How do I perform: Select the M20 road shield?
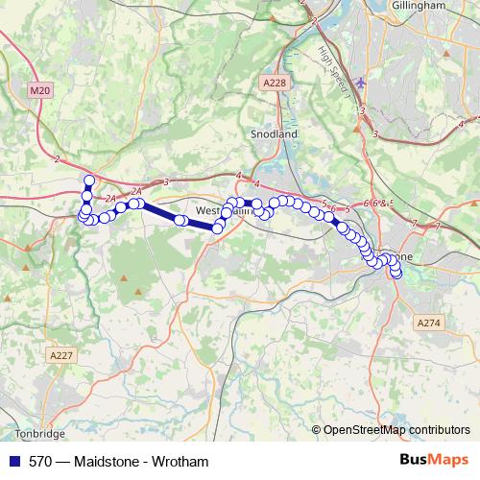pos(39,90)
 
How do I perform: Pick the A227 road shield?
pos(61,355)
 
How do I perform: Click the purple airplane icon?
pos(360,83)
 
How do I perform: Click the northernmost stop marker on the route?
pos(89,180)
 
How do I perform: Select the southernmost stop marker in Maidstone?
pos(396,277)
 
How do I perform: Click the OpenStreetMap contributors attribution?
pos(396,429)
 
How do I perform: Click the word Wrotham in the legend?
pos(180,461)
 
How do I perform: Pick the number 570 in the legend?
pos(40,461)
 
